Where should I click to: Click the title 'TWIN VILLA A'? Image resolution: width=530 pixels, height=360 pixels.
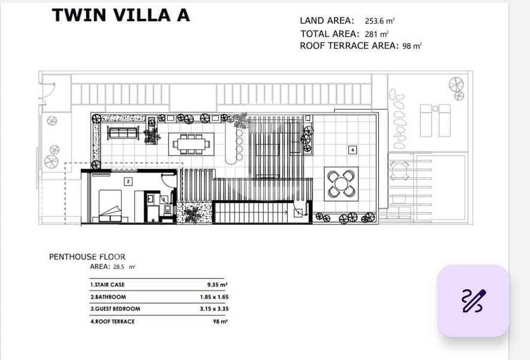121,15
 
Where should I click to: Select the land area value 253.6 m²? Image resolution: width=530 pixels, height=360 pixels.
380,21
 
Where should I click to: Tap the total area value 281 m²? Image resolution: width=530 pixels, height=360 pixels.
377,34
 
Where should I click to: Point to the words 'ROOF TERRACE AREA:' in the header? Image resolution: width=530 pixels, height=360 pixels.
350,46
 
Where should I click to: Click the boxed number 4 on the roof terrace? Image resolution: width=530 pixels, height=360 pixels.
353,149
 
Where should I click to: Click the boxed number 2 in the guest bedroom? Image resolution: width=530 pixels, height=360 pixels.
128,181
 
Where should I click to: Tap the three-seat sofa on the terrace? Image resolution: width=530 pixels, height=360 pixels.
123,133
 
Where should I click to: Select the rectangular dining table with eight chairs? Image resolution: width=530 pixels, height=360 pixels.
191,144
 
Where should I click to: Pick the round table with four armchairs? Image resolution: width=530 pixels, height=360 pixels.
341,184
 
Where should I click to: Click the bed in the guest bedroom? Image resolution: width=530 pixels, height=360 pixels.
110,206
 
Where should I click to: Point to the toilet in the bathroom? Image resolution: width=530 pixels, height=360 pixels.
167,210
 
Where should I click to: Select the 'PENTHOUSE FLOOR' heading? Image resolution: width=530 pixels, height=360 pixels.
87,257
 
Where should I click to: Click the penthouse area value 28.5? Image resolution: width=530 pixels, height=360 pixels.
119,267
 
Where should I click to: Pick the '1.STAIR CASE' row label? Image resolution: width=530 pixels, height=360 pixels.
107,285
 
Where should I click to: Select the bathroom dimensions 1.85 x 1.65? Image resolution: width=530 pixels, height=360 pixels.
214,297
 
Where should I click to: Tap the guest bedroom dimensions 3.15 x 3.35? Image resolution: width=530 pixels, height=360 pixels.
214,309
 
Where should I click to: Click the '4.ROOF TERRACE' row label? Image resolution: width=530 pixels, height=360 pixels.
112,322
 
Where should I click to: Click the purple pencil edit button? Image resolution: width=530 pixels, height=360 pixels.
473,301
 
